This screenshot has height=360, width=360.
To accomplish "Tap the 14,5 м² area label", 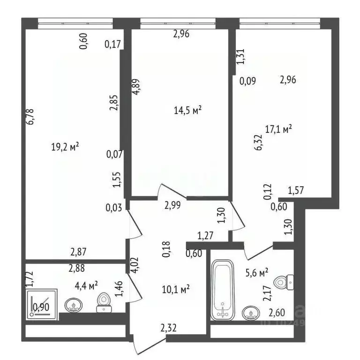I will point(187,111).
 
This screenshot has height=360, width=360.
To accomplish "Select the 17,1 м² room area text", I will point(278,129).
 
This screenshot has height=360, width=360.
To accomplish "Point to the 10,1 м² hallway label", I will point(176,289).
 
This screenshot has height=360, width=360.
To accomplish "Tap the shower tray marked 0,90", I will point(42,305).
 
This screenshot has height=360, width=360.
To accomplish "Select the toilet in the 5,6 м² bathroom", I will point(282,282).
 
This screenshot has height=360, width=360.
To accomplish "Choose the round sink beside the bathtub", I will point(250,312).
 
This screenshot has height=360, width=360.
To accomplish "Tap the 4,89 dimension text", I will point(135,86).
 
